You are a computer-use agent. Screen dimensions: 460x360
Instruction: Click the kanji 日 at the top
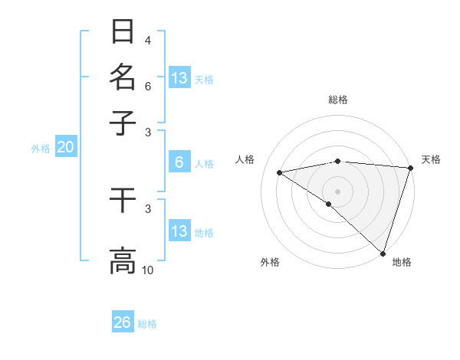coord(123,32)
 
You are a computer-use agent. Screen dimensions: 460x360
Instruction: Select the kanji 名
coord(123,77)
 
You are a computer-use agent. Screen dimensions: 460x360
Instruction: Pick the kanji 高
coord(123,260)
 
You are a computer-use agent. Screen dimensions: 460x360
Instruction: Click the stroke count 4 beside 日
coord(147,41)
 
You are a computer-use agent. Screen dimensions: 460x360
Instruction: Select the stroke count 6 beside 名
coord(147,87)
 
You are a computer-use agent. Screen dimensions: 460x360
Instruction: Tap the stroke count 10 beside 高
coord(148,270)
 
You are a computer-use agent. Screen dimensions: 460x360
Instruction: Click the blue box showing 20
coord(65,148)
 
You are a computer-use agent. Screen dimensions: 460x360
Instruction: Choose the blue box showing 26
coord(123,322)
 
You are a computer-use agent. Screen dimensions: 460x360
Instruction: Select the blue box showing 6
coord(179,162)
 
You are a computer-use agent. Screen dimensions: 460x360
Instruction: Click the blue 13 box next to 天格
coord(179,78)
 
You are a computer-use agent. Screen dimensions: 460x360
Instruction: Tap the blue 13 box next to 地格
coord(179,231)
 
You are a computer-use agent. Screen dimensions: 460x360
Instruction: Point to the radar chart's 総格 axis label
coord(337,100)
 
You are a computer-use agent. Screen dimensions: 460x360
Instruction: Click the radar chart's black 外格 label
coord(270,262)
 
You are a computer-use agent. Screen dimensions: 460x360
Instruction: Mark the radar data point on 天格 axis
coord(409,168)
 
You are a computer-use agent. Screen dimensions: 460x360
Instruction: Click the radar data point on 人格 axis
coord(280,172)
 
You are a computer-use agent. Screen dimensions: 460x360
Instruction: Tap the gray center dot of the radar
coord(337,191)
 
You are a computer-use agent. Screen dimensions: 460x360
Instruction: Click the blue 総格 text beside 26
coord(147,324)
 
